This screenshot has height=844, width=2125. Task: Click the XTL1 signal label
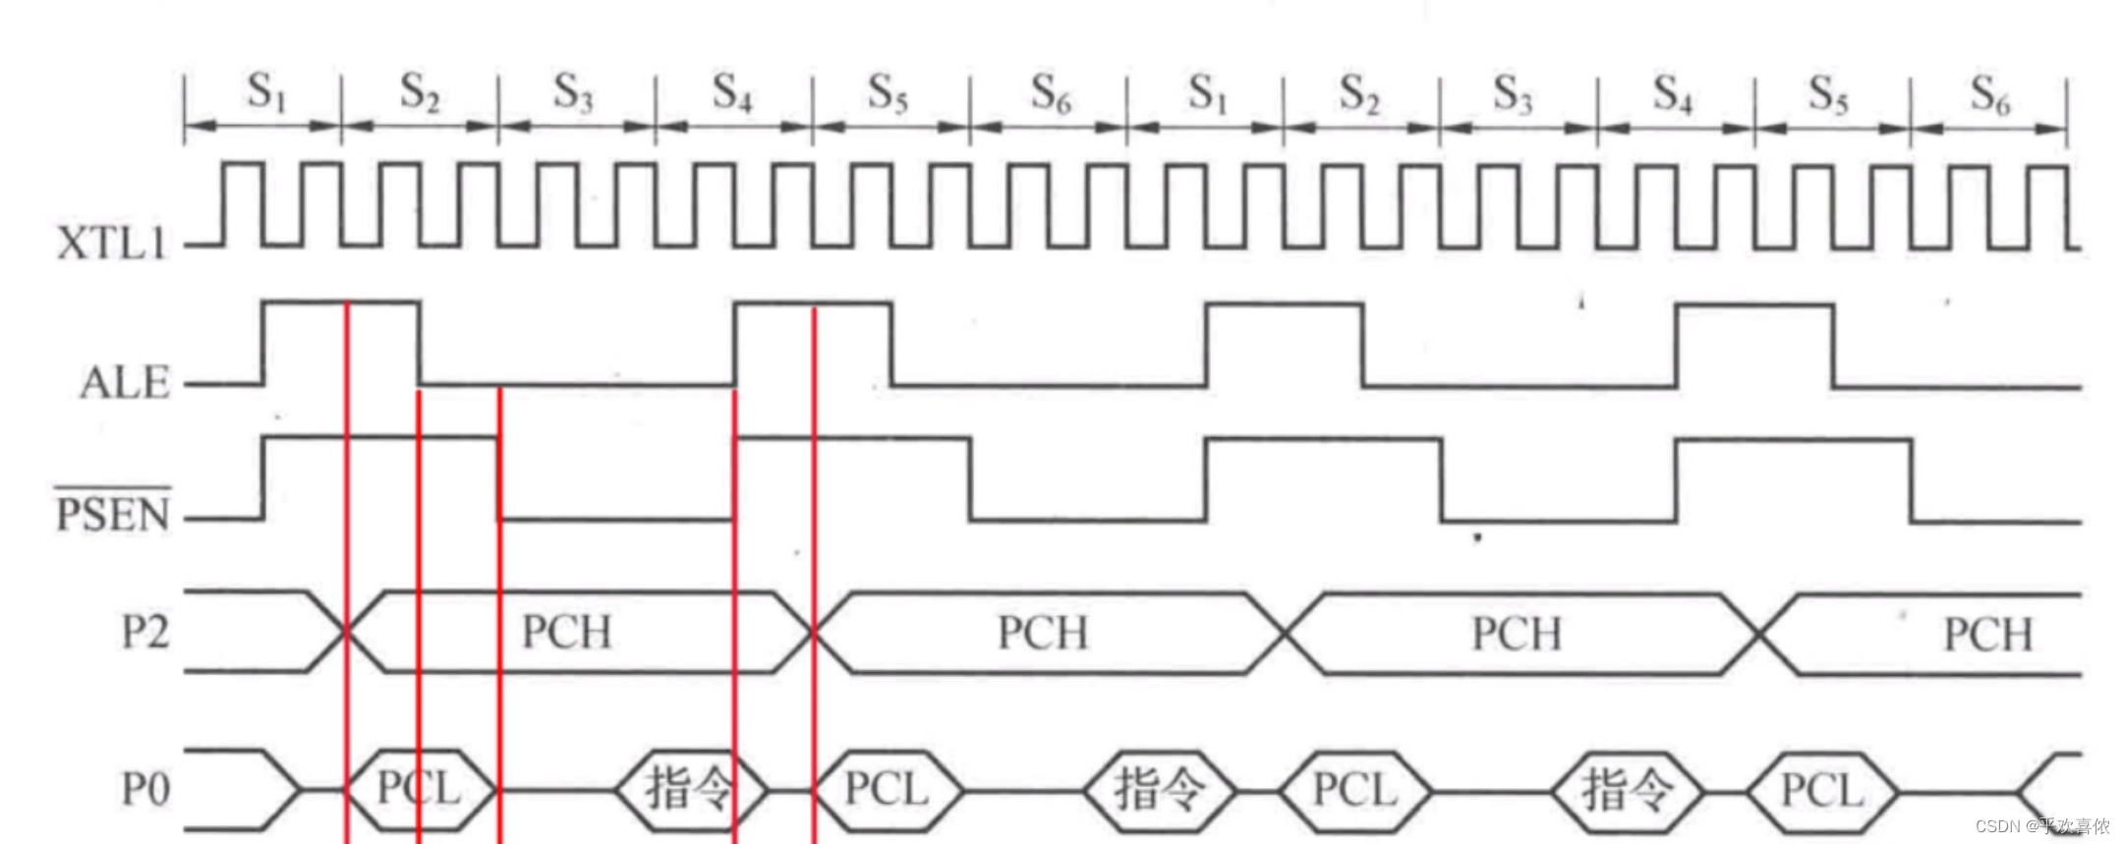(x=112, y=243)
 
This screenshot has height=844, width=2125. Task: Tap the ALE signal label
(x=125, y=382)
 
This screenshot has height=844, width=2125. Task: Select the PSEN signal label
(x=113, y=514)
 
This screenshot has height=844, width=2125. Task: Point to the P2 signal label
(x=145, y=632)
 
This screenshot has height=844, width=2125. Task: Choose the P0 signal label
(x=145, y=789)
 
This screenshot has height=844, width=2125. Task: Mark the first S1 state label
(x=265, y=93)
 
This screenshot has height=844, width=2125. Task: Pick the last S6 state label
(x=1989, y=95)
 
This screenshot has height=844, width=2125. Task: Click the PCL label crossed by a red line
(x=420, y=788)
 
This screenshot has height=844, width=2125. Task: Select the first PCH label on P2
(x=566, y=632)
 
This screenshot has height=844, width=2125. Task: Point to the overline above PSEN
(x=113, y=486)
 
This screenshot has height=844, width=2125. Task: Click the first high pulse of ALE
(x=341, y=305)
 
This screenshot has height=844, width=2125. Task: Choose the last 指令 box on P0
(x=1627, y=790)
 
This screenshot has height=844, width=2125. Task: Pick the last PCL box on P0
(x=1822, y=790)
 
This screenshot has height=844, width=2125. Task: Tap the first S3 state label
(x=574, y=93)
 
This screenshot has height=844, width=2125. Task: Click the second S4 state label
(x=1673, y=95)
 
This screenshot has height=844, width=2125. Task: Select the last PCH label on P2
(x=1987, y=635)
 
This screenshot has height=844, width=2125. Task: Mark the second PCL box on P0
(x=887, y=789)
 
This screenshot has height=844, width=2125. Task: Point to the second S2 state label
(x=1360, y=95)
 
